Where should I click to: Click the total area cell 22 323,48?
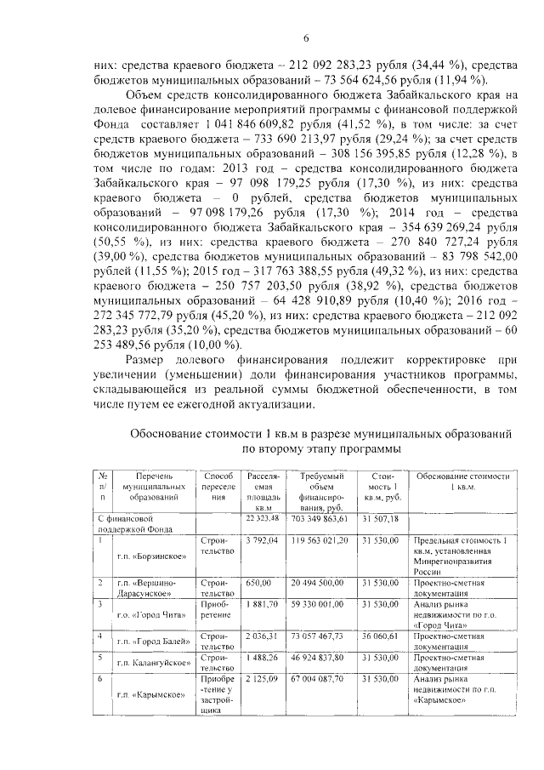coord(262,516)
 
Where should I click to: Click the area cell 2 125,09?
coord(262,682)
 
